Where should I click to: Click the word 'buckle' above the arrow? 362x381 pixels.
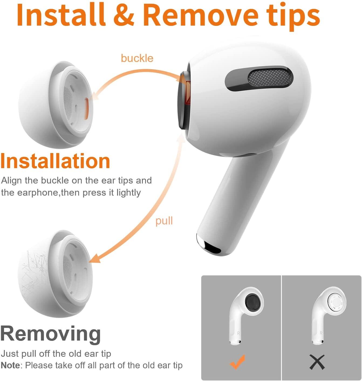tap(137, 58)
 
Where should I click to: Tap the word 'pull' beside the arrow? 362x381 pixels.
tap(164, 221)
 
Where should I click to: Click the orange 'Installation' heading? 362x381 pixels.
tap(55, 161)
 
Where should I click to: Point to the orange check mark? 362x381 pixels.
tap(237, 361)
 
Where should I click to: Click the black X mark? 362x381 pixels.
tap(317, 362)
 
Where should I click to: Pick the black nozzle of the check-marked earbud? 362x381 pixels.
tap(252, 303)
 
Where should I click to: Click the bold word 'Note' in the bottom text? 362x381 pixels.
tap(10, 365)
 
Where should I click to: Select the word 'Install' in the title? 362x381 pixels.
tap(61, 15)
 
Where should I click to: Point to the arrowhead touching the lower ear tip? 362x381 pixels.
tap(94, 259)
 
